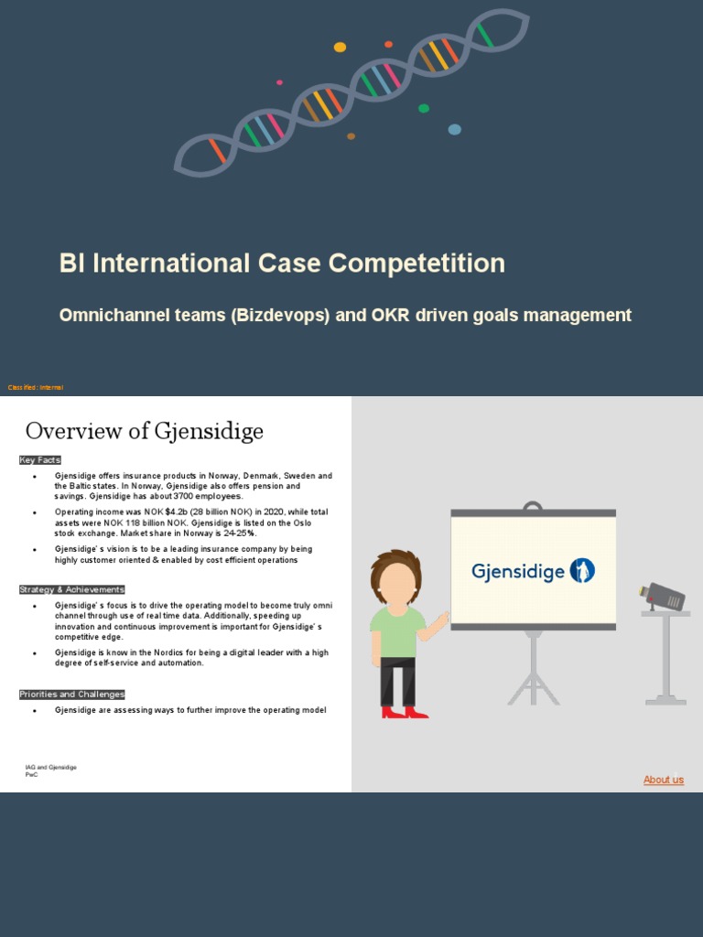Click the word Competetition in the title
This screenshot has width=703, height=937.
click(x=416, y=264)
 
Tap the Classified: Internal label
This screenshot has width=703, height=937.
click(x=36, y=388)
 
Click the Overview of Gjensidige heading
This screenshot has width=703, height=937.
click(x=145, y=431)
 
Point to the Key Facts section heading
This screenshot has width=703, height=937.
click(x=40, y=459)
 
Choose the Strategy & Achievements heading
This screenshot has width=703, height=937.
click(x=71, y=589)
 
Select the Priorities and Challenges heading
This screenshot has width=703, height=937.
click(x=71, y=695)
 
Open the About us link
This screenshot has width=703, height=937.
click(x=663, y=780)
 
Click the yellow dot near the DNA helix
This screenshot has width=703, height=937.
click(x=340, y=48)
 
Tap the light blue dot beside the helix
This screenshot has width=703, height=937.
click(x=454, y=129)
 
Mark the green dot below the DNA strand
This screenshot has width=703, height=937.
click(x=424, y=109)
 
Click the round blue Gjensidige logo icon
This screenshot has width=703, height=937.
click(x=582, y=571)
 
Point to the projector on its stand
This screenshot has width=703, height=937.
click(x=663, y=598)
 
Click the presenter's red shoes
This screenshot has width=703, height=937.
click(x=404, y=712)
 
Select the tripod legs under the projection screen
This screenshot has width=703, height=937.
click(x=533, y=677)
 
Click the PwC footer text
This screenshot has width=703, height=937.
click(x=31, y=774)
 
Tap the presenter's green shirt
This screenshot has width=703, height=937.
click(x=396, y=631)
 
